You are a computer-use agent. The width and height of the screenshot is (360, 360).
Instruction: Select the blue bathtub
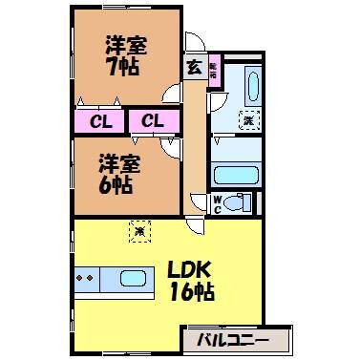pyautogui.click(x=235, y=174)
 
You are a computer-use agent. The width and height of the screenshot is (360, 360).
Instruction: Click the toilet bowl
pyautogui.click(x=240, y=202)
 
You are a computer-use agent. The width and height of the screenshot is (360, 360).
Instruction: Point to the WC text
pyautogui.click(x=217, y=202)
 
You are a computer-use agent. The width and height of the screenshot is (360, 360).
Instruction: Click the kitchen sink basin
pyautogui.click(x=132, y=279)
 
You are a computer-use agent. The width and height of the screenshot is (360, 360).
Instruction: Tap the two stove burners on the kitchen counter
pyautogui.click(x=86, y=279)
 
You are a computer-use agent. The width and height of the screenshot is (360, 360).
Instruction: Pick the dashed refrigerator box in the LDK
pyautogui.click(x=139, y=230)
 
